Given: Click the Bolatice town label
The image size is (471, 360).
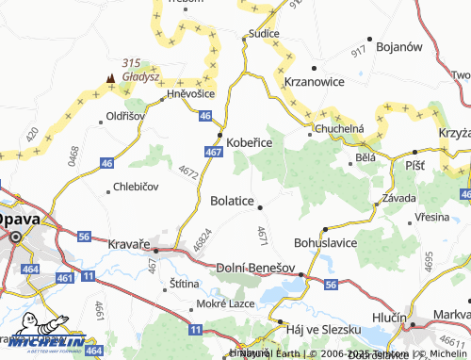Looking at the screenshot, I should coord(232,201).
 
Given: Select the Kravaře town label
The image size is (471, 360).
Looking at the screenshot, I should coord(130,244).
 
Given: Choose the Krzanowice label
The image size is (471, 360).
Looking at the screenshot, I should coord(314,82).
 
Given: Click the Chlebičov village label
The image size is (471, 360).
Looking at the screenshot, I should coord(136,187).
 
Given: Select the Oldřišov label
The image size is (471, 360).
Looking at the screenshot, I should coord(124,116).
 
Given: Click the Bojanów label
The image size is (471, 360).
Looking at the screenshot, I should coord(398,45).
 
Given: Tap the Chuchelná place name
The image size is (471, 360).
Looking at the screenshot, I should coord(339,128).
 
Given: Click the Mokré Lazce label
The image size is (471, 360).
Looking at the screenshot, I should coord(219,304).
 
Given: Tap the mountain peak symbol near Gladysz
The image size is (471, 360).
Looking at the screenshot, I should coord(112,78).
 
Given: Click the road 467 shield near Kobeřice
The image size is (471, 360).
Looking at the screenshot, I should coord(213,151).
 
